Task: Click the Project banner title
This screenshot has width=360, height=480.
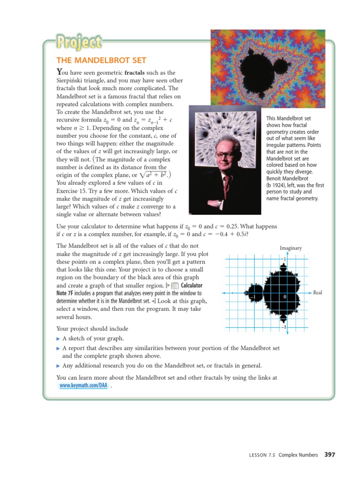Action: (x=79, y=43)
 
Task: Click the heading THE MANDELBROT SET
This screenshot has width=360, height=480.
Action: (x=101, y=60)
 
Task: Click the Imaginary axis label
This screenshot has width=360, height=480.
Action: (x=291, y=248)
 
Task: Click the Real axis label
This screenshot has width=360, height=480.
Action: (x=317, y=293)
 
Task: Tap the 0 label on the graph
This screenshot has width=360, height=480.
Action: (x=285, y=297)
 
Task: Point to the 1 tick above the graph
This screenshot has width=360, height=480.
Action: (x=284, y=259)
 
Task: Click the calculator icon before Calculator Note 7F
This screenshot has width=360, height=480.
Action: (x=174, y=285)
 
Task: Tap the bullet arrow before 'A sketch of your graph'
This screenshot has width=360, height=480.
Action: (x=58, y=338)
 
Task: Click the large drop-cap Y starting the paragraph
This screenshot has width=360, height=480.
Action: (x=59, y=72)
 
